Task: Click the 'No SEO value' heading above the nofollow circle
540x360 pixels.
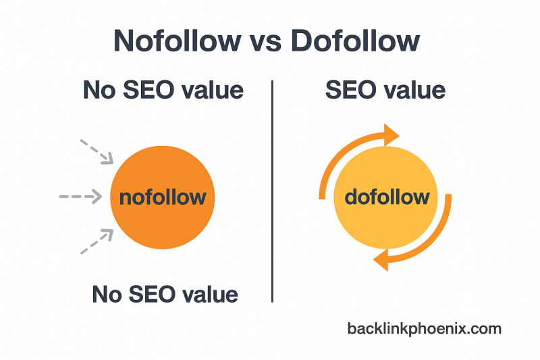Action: pyautogui.click(x=163, y=91)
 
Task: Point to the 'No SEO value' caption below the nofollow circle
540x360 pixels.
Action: pyautogui.click(x=165, y=294)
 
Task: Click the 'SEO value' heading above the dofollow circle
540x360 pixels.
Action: pyautogui.click(x=385, y=91)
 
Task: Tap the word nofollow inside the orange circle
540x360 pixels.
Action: pyautogui.click(x=162, y=197)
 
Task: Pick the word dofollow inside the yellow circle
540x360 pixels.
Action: pyautogui.click(x=387, y=197)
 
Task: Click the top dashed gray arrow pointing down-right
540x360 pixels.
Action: pyautogui.click(x=97, y=151)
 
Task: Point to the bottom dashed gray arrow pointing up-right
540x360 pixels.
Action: pyautogui.click(x=97, y=242)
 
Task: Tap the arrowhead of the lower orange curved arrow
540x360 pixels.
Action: pyautogui.click(x=382, y=259)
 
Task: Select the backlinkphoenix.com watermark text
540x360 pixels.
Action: pyautogui.click(x=425, y=329)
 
